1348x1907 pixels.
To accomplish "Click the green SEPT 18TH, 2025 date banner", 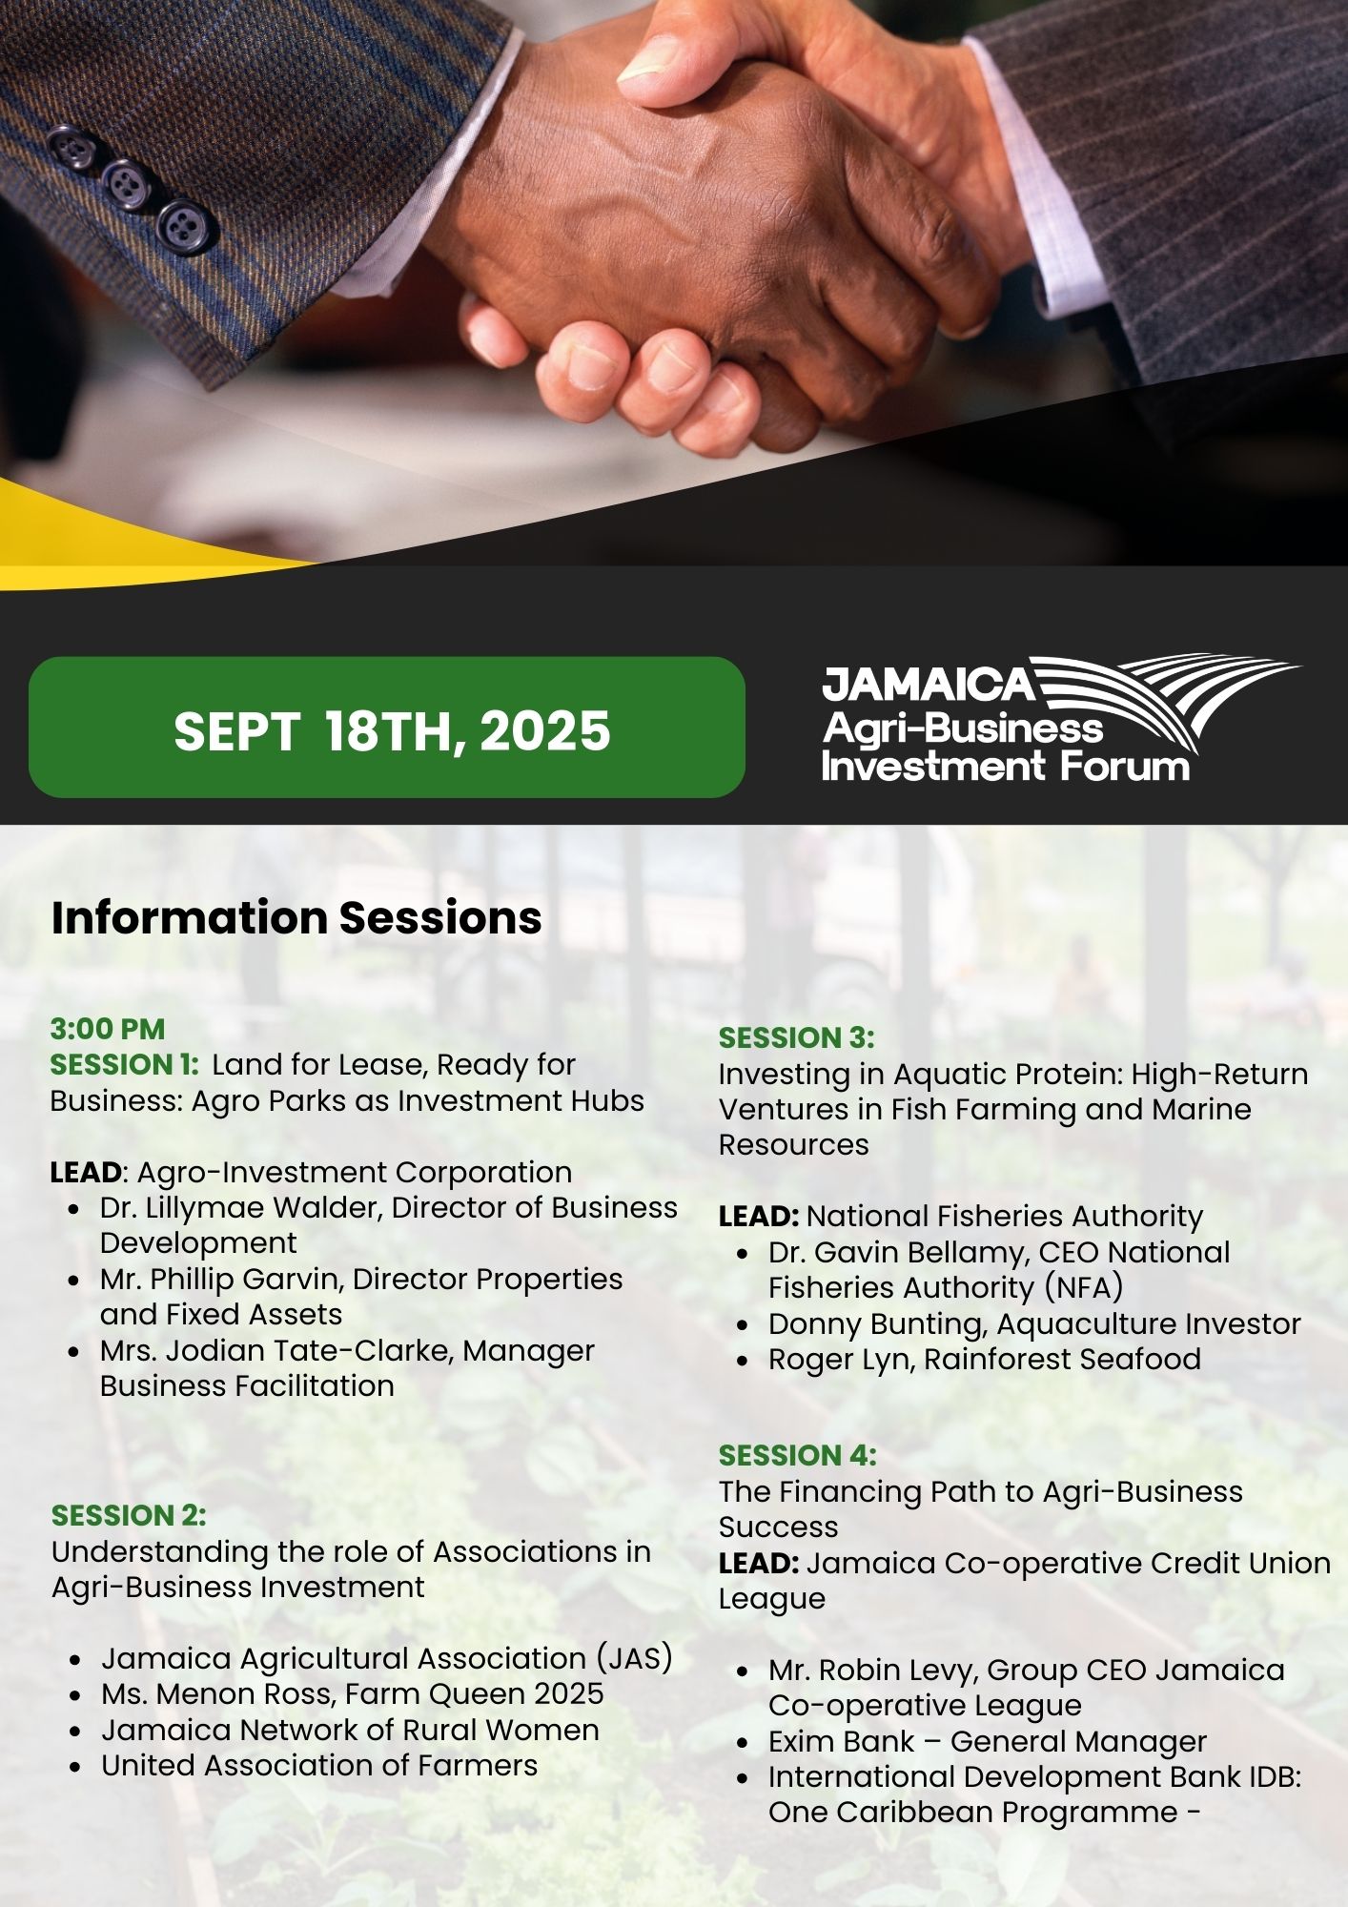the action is click(x=386, y=727).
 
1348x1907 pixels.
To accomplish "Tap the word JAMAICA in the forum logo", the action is click(x=929, y=684).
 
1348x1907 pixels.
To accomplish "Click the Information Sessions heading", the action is click(x=296, y=917).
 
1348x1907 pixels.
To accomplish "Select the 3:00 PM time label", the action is click(x=108, y=1029).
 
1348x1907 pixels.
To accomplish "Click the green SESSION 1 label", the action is click(x=124, y=1064).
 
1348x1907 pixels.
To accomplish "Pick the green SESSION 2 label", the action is click(x=129, y=1515).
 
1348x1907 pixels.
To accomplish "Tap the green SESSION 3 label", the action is click(x=797, y=1037).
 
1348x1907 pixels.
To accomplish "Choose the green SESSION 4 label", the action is click(x=798, y=1455).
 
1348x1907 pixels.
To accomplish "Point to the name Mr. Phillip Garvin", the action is click(x=222, y=1279).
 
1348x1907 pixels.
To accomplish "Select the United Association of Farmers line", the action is click(x=320, y=1765).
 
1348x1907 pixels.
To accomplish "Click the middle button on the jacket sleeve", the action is click(x=127, y=183).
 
